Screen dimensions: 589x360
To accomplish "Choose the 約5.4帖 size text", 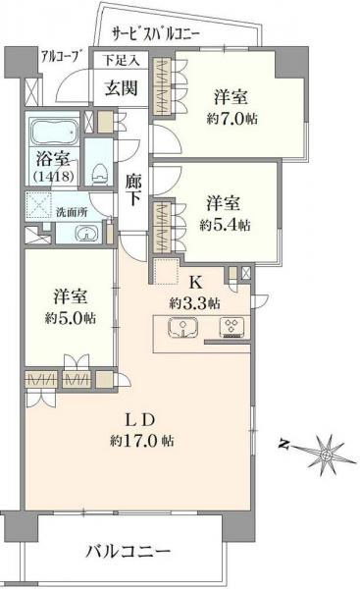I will (x=225, y=225).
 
